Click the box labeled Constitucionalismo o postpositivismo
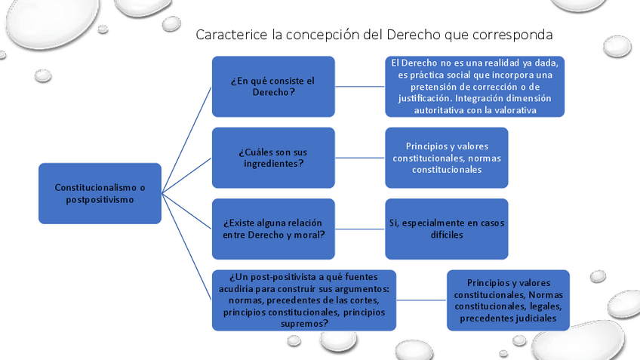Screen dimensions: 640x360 [x=100, y=193]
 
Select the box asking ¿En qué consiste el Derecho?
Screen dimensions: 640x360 [x=273, y=86]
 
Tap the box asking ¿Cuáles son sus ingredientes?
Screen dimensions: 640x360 [x=273, y=157]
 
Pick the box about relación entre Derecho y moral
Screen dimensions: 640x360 [x=273, y=229]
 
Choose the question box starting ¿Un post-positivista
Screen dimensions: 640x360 [x=303, y=300]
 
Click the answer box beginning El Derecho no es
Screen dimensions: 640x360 [x=474, y=86]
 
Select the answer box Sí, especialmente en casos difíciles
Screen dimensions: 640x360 [x=446, y=229]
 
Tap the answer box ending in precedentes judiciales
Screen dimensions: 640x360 [x=508, y=300]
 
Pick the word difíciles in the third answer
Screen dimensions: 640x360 [x=446, y=235]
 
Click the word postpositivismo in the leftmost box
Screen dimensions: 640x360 [x=100, y=199]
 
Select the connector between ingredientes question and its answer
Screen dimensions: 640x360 [x=360, y=157]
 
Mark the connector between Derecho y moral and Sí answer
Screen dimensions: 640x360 [x=360, y=229]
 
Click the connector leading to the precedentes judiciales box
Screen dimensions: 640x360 [x=421, y=300]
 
